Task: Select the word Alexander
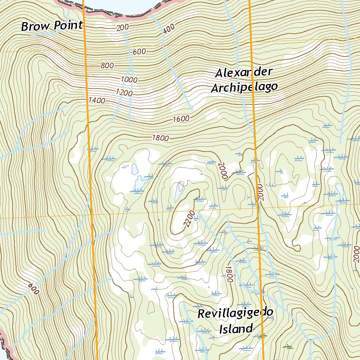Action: click(244, 73)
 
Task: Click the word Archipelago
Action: click(244, 87)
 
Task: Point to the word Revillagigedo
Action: click(235, 313)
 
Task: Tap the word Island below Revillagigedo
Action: click(236, 329)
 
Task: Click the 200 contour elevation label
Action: click(122, 27)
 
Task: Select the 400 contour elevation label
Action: click(169, 30)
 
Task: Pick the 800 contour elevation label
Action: click(107, 65)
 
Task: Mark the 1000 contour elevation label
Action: click(129, 79)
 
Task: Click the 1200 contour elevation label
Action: click(124, 93)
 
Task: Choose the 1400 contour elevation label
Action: click(97, 100)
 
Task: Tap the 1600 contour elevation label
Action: click(181, 119)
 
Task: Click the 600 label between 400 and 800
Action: click(139, 52)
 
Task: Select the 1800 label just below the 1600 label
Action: click(160, 138)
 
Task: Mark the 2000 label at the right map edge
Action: click(356, 255)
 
